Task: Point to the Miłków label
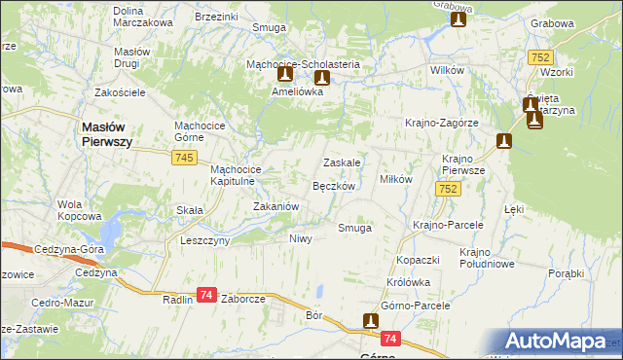(396, 179)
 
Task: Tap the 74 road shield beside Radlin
(205, 295)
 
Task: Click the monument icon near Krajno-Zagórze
(503, 141)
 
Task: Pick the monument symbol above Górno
(370, 320)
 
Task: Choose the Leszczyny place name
(204, 239)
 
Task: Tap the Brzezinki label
(216, 17)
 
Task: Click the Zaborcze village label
(243, 300)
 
